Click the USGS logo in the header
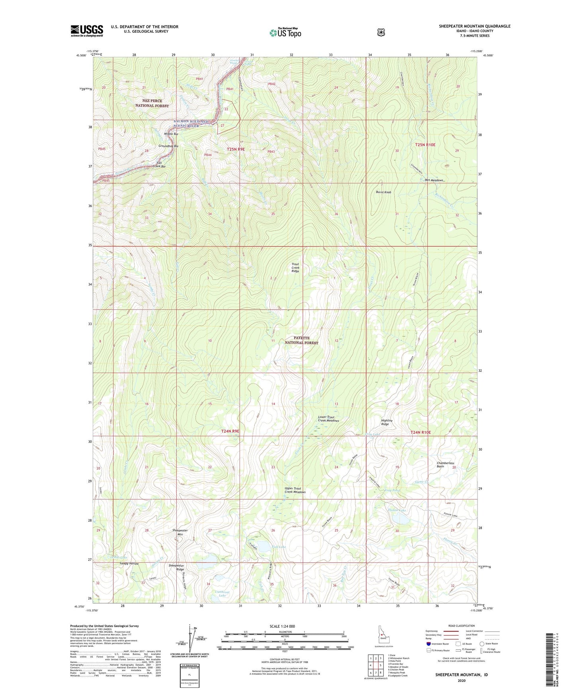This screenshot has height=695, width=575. [x=87, y=31]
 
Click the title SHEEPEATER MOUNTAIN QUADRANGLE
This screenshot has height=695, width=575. [x=474, y=26]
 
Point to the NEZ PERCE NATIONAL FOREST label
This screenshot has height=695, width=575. [x=152, y=103]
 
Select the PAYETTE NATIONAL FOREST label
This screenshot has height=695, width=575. [x=301, y=340]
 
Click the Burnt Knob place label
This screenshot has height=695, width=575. [x=384, y=192]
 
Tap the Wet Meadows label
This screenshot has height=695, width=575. [x=431, y=180]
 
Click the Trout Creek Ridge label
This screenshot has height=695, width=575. [x=295, y=267]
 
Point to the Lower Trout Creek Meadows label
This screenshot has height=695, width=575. [x=328, y=419]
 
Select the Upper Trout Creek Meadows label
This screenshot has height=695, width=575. [x=295, y=490]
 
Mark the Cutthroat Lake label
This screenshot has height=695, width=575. [x=222, y=593]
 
